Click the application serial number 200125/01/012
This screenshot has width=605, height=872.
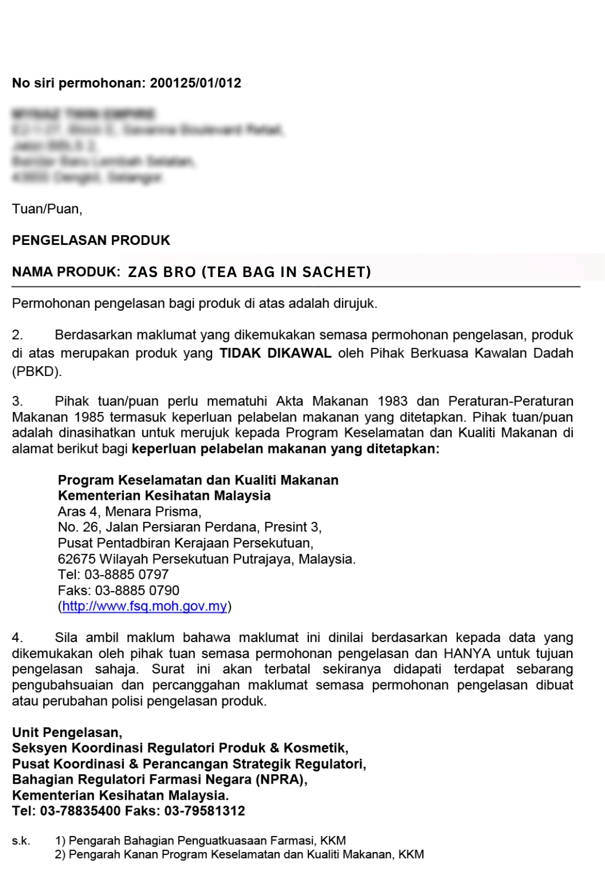tap(195, 83)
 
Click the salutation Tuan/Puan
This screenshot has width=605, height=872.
tap(47, 209)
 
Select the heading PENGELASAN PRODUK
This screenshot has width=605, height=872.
tap(91, 241)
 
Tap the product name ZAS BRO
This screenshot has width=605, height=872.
tap(162, 272)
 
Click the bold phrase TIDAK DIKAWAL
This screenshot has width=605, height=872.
tap(275, 353)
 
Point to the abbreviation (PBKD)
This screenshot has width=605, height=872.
tap(37, 372)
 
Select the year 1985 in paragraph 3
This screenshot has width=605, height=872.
tap(89, 417)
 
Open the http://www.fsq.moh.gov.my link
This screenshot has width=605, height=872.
tap(144, 606)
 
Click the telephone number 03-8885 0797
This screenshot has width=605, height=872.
tap(126, 575)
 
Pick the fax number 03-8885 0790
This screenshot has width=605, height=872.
tap(137, 591)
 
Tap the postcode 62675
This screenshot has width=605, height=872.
tap(76, 559)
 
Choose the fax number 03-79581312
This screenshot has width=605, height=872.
tap(204, 811)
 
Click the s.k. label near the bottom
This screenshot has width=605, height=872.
tap(21, 841)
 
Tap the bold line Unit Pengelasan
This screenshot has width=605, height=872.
tap(67, 733)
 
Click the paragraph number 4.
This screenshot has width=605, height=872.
tap(17, 638)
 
